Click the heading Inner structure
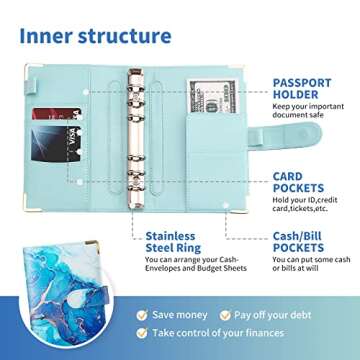(x=95, y=36)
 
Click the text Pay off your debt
(x=277, y=314)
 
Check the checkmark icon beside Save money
(x=144, y=314)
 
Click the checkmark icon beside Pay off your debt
(x=226, y=314)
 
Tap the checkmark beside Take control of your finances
(x=144, y=333)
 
